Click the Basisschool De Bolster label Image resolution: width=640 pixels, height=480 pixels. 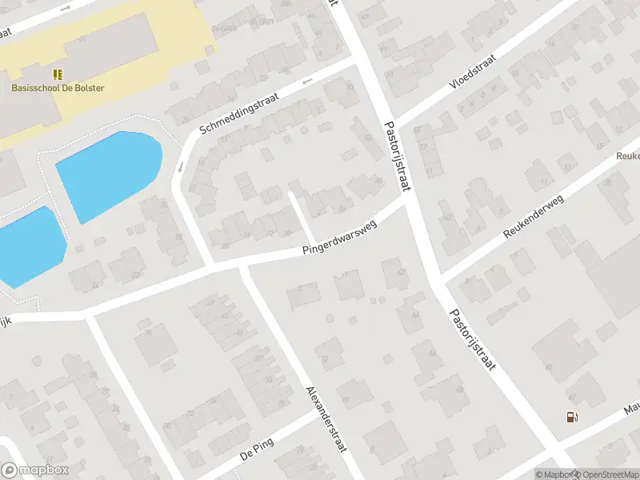(x=58, y=88)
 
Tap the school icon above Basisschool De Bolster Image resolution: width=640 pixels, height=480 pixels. (x=58, y=74)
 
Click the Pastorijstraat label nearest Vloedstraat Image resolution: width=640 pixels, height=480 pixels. (x=397, y=156)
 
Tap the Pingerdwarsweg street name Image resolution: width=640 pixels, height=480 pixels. (x=339, y=239)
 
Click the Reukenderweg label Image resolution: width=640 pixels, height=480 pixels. (x=534, y=216)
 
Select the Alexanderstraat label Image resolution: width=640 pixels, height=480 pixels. (x=326, y=419)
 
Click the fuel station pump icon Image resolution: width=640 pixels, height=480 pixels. (x=571, y=416)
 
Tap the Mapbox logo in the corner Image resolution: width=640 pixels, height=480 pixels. (x=34, y=470)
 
